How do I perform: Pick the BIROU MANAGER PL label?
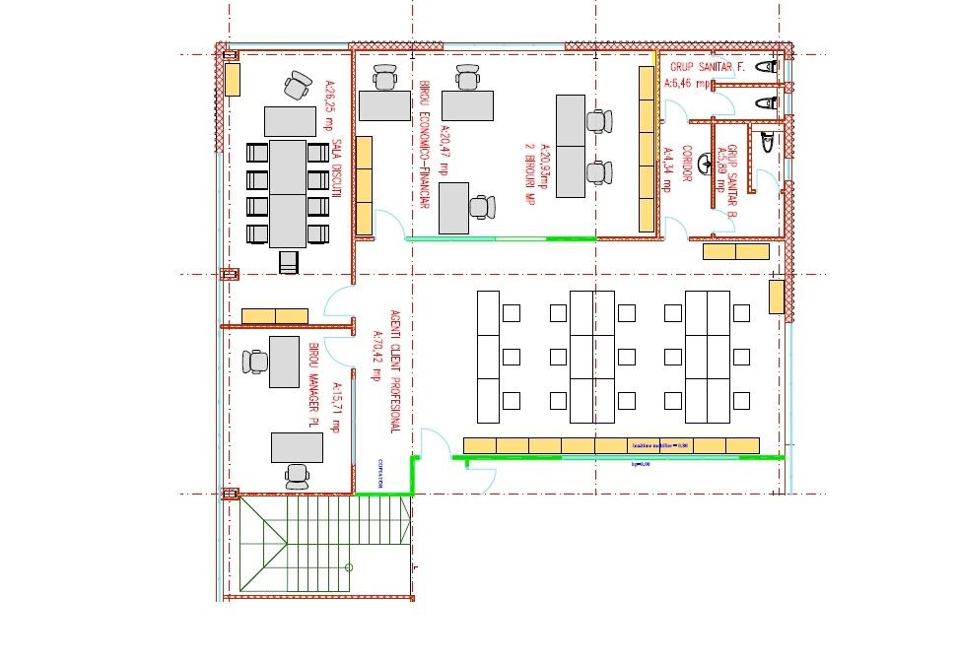click(313, 385)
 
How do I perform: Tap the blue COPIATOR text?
click(378, 474)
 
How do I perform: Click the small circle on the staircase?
click(350, 567)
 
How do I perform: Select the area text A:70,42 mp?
click(376, 355)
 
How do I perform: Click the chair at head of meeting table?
click(297, 86)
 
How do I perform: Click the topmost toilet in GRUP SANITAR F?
click(766, 67)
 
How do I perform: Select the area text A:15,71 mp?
click(335, 407)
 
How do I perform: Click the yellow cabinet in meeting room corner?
click(233, 79)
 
